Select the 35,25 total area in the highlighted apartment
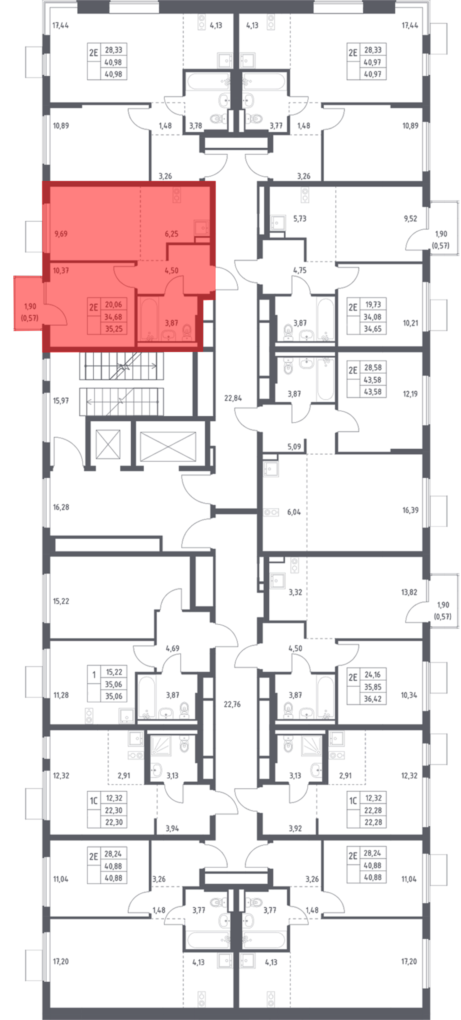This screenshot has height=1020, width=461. [x=114, y=329]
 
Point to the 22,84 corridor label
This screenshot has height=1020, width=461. [x=233, y=398]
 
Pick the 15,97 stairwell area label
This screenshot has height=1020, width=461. [x=61, y=400]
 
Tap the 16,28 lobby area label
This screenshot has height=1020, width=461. [x=61, y=507]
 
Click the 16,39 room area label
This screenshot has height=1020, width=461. [x=410, y=510]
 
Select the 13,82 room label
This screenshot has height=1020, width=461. [x=409, y=592]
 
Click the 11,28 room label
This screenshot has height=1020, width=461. [x=61, y=695]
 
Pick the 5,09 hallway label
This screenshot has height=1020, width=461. [x=294, y=447]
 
